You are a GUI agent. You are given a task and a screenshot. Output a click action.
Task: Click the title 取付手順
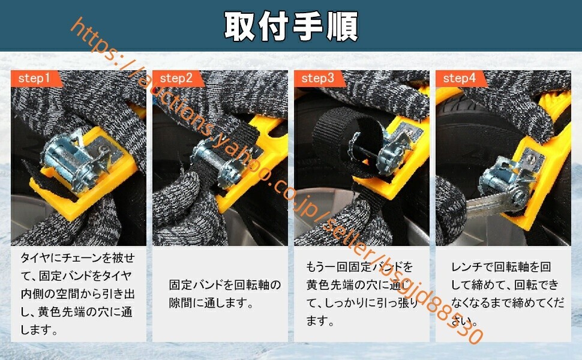pyautogui.click(x=291, y=26)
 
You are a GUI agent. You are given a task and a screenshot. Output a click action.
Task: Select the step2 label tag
pyautogui.click(x=175, y=79)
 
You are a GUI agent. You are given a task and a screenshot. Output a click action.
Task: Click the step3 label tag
pyautogui.click(x=317, y=79)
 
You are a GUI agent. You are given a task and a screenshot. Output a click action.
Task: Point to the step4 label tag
pyautogui.click(x=459, y=79)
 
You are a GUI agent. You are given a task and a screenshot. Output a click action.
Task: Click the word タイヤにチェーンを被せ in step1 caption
pyautogui.click(x=78, y=259)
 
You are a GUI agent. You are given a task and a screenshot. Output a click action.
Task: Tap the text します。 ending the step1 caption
pyautogui.click(x=40, y=329)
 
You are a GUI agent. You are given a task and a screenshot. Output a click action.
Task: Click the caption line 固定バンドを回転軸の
pyautogui.click(x=225, y=285)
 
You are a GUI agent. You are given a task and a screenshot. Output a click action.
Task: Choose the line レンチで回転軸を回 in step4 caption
pyautogui.click(x=501, y=267)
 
